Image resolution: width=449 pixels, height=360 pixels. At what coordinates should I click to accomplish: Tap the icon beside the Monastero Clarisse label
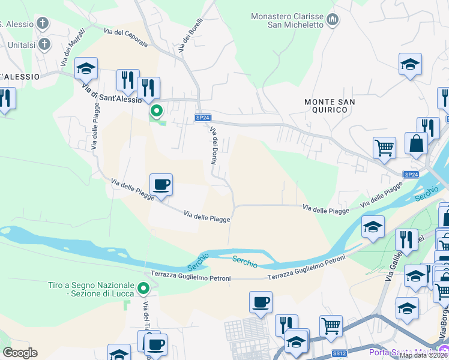pyautogui.click(x=333, y=22)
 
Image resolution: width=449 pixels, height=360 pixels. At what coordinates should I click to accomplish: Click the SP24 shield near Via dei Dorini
pyautogui.click(x=203, y=118)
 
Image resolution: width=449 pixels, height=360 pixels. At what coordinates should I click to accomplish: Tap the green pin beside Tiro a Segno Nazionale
pyautogui.click(x=143, y=289)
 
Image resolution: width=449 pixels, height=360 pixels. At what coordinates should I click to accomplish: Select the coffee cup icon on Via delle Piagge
pyautogui.click(x=161, y=184)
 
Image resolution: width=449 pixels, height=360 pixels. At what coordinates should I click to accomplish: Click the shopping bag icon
pyautogui.click(x=416, y=143)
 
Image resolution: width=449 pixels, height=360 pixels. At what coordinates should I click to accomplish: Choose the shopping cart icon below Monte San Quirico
pyautogui.click(x=384, y=147)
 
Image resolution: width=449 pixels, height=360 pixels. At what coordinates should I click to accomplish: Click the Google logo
pyautogui.click(x=20, y=353)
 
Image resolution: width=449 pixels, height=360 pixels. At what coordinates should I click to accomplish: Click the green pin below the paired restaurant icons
pyautogui.click(x=157, y=111)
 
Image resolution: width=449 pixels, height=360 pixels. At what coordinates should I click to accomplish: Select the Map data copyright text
pyautogui.click(x=423, y=355)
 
